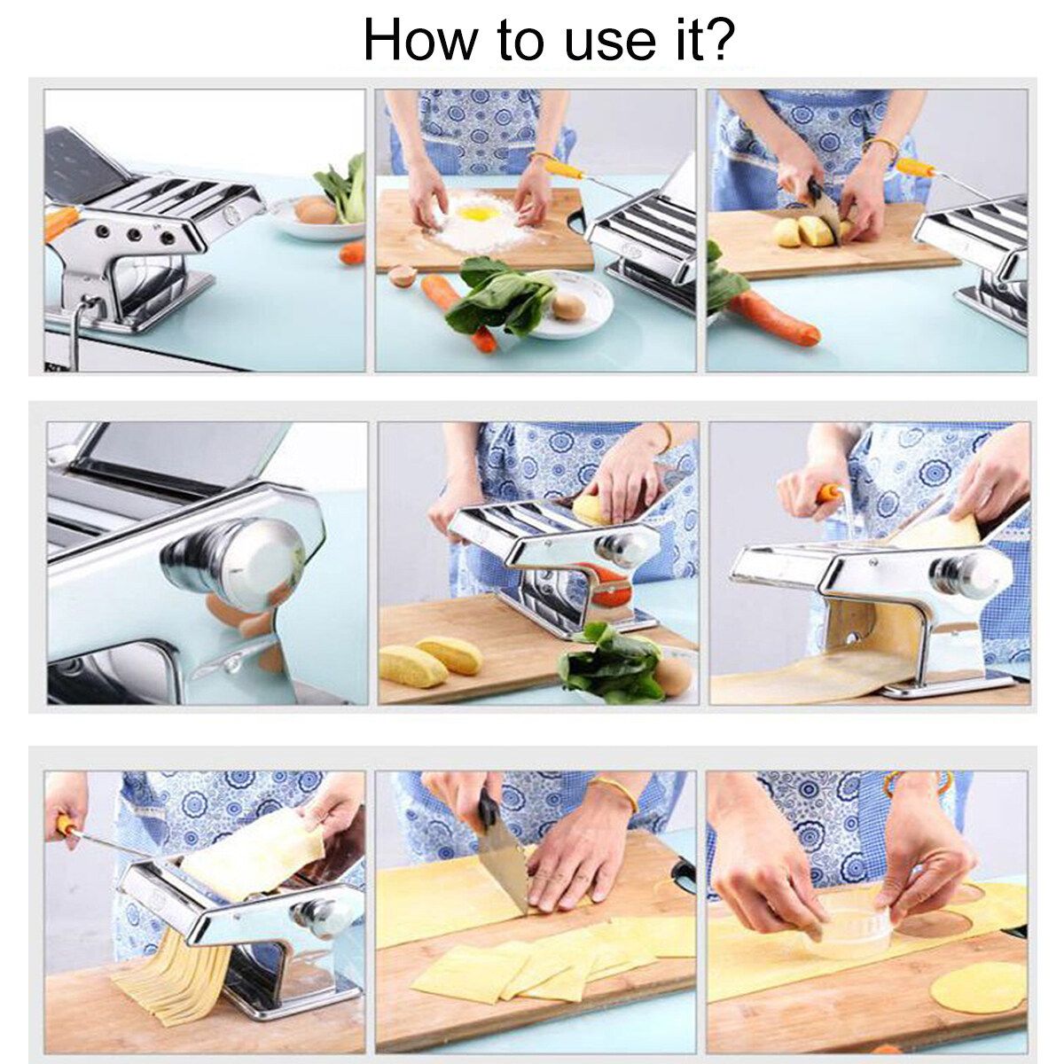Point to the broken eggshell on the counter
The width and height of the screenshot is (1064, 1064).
point(403,275)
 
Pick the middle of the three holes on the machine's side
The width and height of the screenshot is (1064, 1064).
point(134,234)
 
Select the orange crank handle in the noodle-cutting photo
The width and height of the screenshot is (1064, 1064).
point(67,824)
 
